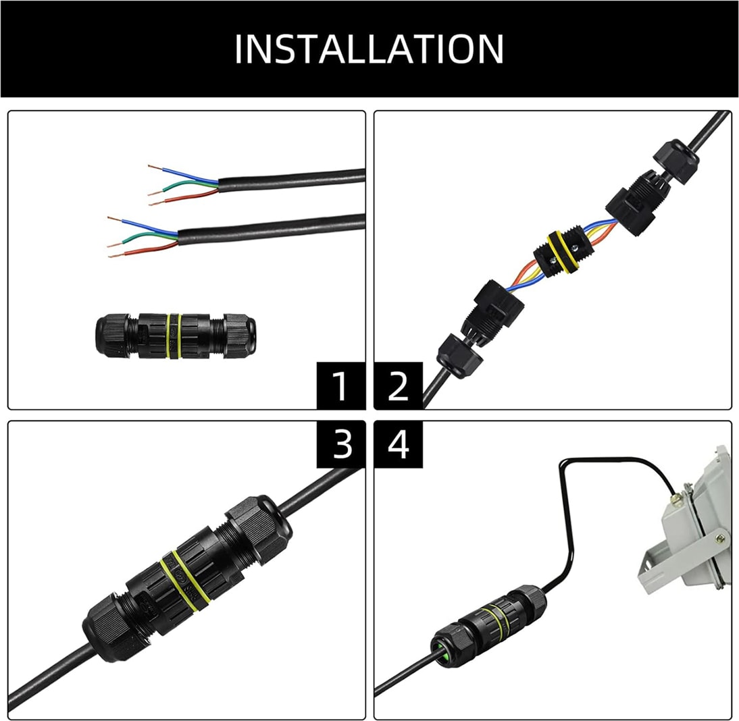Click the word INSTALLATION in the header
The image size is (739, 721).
(369, 49)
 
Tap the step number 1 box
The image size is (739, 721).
(340, 385)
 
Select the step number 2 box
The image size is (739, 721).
(399, 385)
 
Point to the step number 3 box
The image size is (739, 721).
(340, 444)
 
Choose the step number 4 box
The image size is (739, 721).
(399, 444)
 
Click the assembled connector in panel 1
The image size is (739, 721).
(176, 336)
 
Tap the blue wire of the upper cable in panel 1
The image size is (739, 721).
(183, 173)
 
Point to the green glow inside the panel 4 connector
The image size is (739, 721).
(443, 653)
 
